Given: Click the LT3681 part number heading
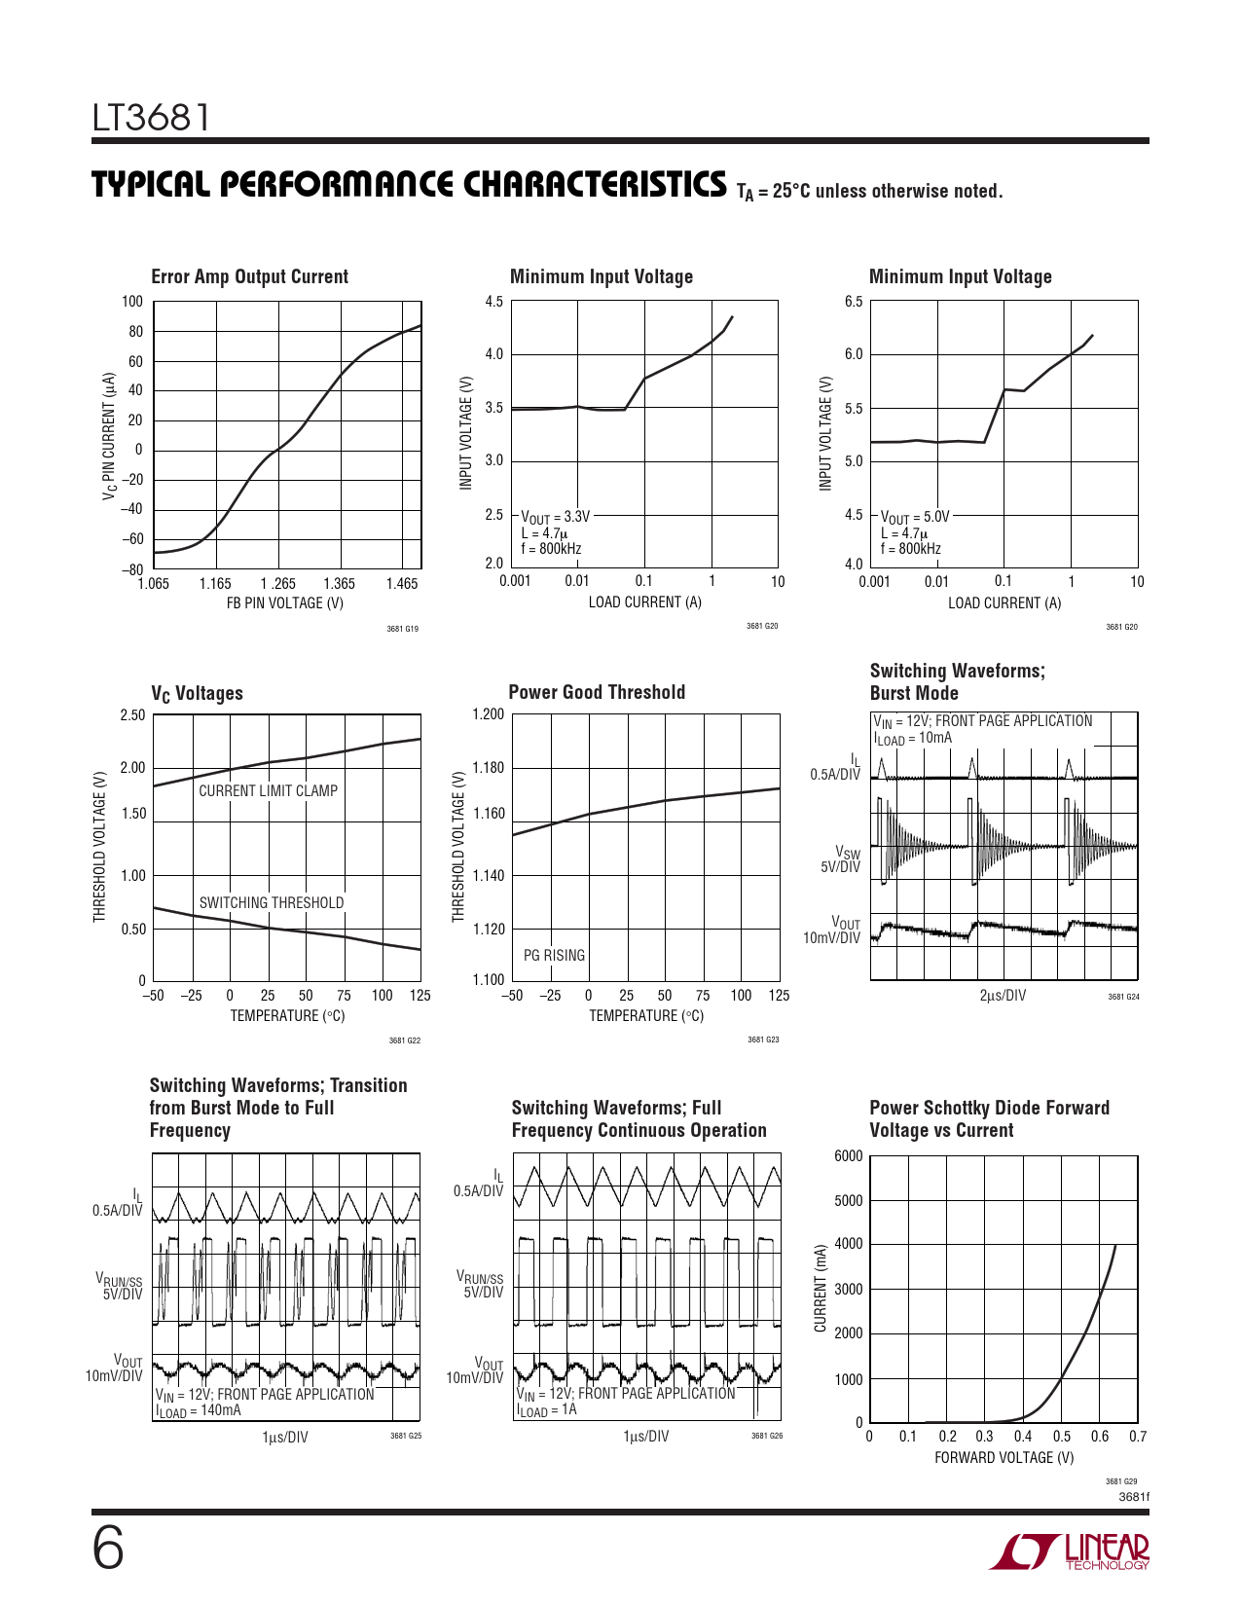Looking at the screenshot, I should click(x=151, y=118).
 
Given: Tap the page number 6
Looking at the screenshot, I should click(x=108, y=1549).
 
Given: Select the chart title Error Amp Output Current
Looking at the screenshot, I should click(x=249, y=276).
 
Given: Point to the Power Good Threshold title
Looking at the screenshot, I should click(x=597, y=692).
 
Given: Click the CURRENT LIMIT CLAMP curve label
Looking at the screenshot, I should click(x=268, y=790).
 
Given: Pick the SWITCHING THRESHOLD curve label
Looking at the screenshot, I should click(x=272, y=902).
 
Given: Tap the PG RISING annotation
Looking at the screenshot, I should click(x=554, y=955).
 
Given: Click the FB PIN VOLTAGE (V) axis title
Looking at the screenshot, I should click(x=285, y=603).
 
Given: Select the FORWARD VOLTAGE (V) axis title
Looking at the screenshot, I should click(x=1004, y=1457).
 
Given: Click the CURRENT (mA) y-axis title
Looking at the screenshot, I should click(x=821, y=1288).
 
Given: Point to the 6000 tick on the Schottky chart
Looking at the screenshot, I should click(x=848, y=1155).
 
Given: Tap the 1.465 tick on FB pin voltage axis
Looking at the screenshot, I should click(x=401, y=584).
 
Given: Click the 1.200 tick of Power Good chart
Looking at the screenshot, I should click(x=488, y=714).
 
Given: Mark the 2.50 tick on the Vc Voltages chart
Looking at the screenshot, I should click(x=132, y=715).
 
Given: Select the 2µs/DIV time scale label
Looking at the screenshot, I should click(x=1003, y=995).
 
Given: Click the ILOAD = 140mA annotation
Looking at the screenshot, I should click(x=198, y=1410).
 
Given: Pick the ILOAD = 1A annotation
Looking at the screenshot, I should click(x=546, y=1409).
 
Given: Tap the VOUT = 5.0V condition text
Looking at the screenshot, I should click(x=914, y=517).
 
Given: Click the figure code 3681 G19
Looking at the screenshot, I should click(x=402, y=629).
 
